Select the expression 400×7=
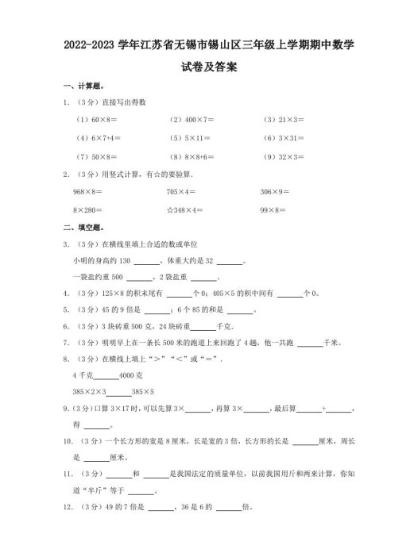coord(195,119)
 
